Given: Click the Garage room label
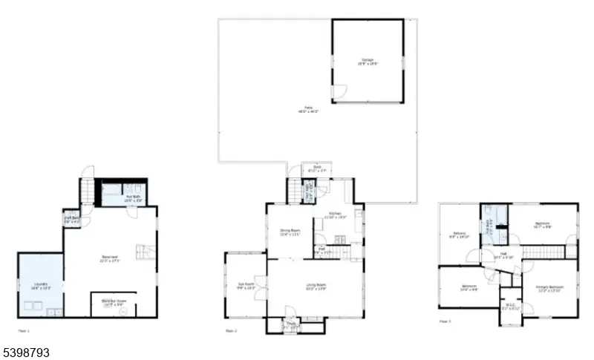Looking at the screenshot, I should (368, 62).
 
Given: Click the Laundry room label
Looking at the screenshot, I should (39, 286).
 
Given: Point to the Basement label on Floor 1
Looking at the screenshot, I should (110, 259).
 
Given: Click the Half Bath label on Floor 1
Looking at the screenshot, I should (72, 218).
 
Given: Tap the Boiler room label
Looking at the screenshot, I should (114, 302).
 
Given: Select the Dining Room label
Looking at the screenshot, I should (290, 232).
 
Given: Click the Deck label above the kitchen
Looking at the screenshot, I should (317, 168).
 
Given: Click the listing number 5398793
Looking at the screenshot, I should (25, 352).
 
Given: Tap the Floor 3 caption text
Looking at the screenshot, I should (446, 321).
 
